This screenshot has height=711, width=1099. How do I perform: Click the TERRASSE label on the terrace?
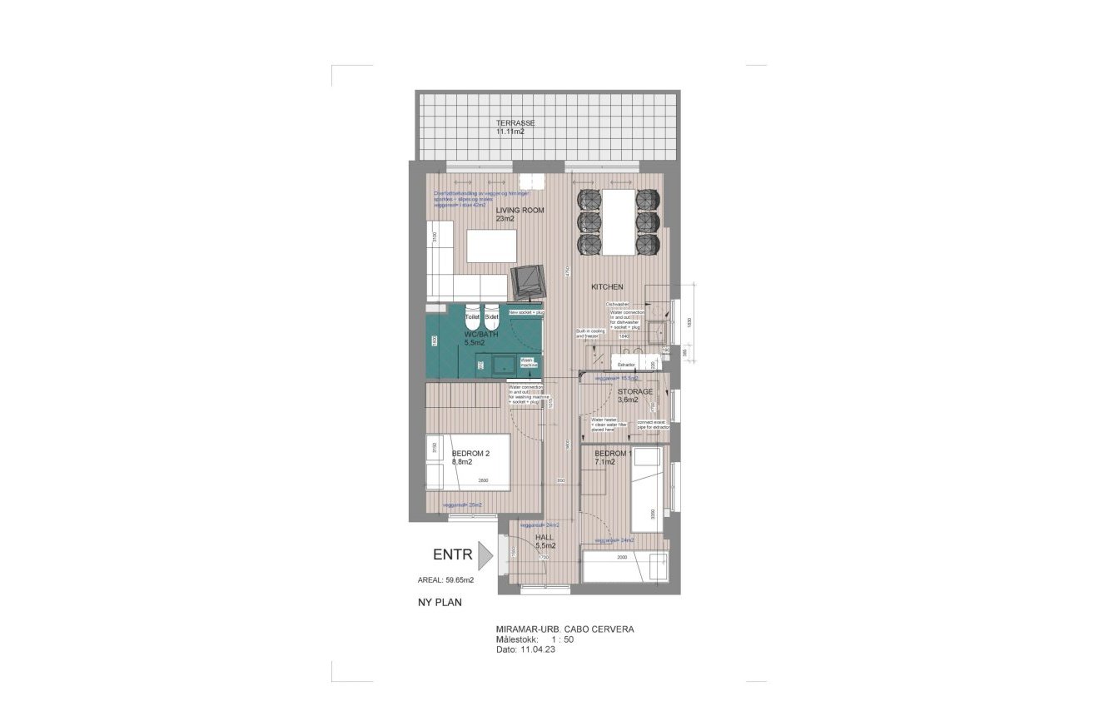point(515,122)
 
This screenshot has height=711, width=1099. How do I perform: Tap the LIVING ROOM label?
point(520,211)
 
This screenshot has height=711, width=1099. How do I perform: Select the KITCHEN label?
point(607,286)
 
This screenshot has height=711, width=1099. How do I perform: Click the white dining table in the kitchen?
point(618,221)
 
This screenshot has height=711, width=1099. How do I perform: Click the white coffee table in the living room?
point(491,246)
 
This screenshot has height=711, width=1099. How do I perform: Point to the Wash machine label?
point(529,363)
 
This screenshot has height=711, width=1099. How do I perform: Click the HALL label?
point(544,537)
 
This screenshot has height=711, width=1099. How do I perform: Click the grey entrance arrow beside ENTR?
point(485,555)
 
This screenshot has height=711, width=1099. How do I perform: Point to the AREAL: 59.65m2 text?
point(445,579)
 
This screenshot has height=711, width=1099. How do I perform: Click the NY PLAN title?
point(440,601)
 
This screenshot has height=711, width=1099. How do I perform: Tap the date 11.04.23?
point(539,649)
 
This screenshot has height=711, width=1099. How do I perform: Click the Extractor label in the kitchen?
point(627,365)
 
